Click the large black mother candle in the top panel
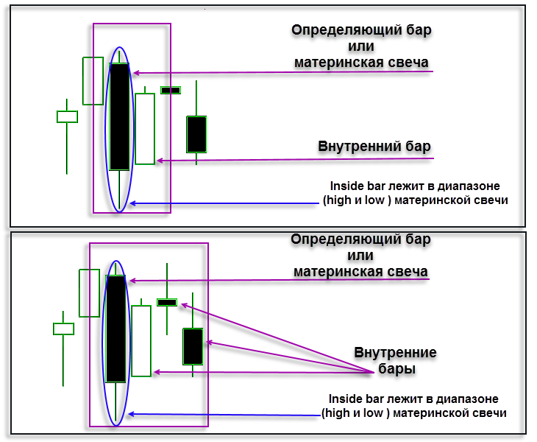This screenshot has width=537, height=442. tap(119, 116)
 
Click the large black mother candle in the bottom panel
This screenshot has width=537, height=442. tap(116, 329)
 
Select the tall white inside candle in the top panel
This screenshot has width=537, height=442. tap(145, 128)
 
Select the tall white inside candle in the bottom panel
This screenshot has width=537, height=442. tap(141, 340)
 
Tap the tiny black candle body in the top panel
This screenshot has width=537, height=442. tap(171, 90)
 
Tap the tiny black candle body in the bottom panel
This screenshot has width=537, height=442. tap(167, 302)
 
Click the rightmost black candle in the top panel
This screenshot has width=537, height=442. tap(196, 134)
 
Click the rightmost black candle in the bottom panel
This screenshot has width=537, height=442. tap(193, 346)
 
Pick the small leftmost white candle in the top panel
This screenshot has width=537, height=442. tap(67, 116)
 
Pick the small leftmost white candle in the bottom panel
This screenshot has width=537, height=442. tap(63, 329)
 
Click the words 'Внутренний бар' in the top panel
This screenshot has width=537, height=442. tap(374, 145)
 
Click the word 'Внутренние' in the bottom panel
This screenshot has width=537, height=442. tap(395, 353)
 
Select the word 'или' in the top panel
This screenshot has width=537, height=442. tap(360, 46)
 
